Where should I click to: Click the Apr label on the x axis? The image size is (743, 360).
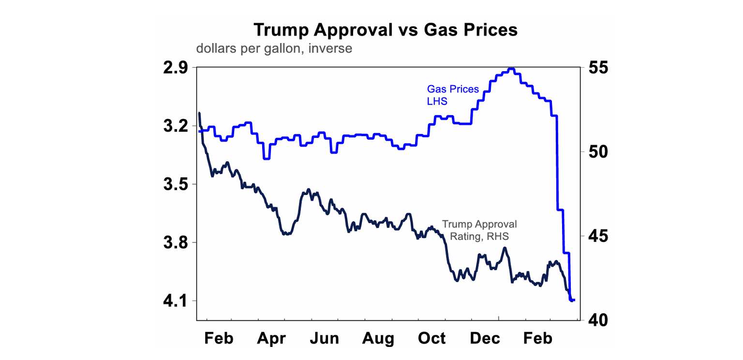tap(272, 338)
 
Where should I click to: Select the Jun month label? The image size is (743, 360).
tap(325, 338)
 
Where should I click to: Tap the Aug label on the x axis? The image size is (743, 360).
tap(378, 338)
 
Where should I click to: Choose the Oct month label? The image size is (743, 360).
tap(432, 338)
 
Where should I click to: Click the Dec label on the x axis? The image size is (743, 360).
tap(485, 338)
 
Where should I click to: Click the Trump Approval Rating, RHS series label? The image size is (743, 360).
tap(479, 230)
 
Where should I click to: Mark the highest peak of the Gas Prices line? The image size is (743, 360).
tap(512, 69)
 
